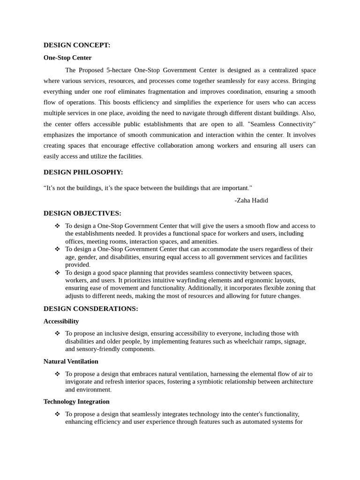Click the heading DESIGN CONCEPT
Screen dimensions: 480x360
click(77, 45)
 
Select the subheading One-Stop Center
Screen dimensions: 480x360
click(67, 58)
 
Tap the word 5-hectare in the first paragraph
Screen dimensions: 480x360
click(119, 70)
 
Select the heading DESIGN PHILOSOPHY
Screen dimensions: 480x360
click(83, 172)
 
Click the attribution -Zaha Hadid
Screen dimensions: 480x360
click(251, 200)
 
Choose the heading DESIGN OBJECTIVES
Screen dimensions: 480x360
click(82, 213)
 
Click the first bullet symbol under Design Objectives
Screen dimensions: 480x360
click(57, 226)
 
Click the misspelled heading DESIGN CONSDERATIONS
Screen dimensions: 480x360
click(90, 308)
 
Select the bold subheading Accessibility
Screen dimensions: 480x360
click(61, 321)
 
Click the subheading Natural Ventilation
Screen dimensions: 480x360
click(71, 361)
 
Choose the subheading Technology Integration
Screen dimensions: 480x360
click(76, 402)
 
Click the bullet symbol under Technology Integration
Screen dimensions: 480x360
click(57, 414)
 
